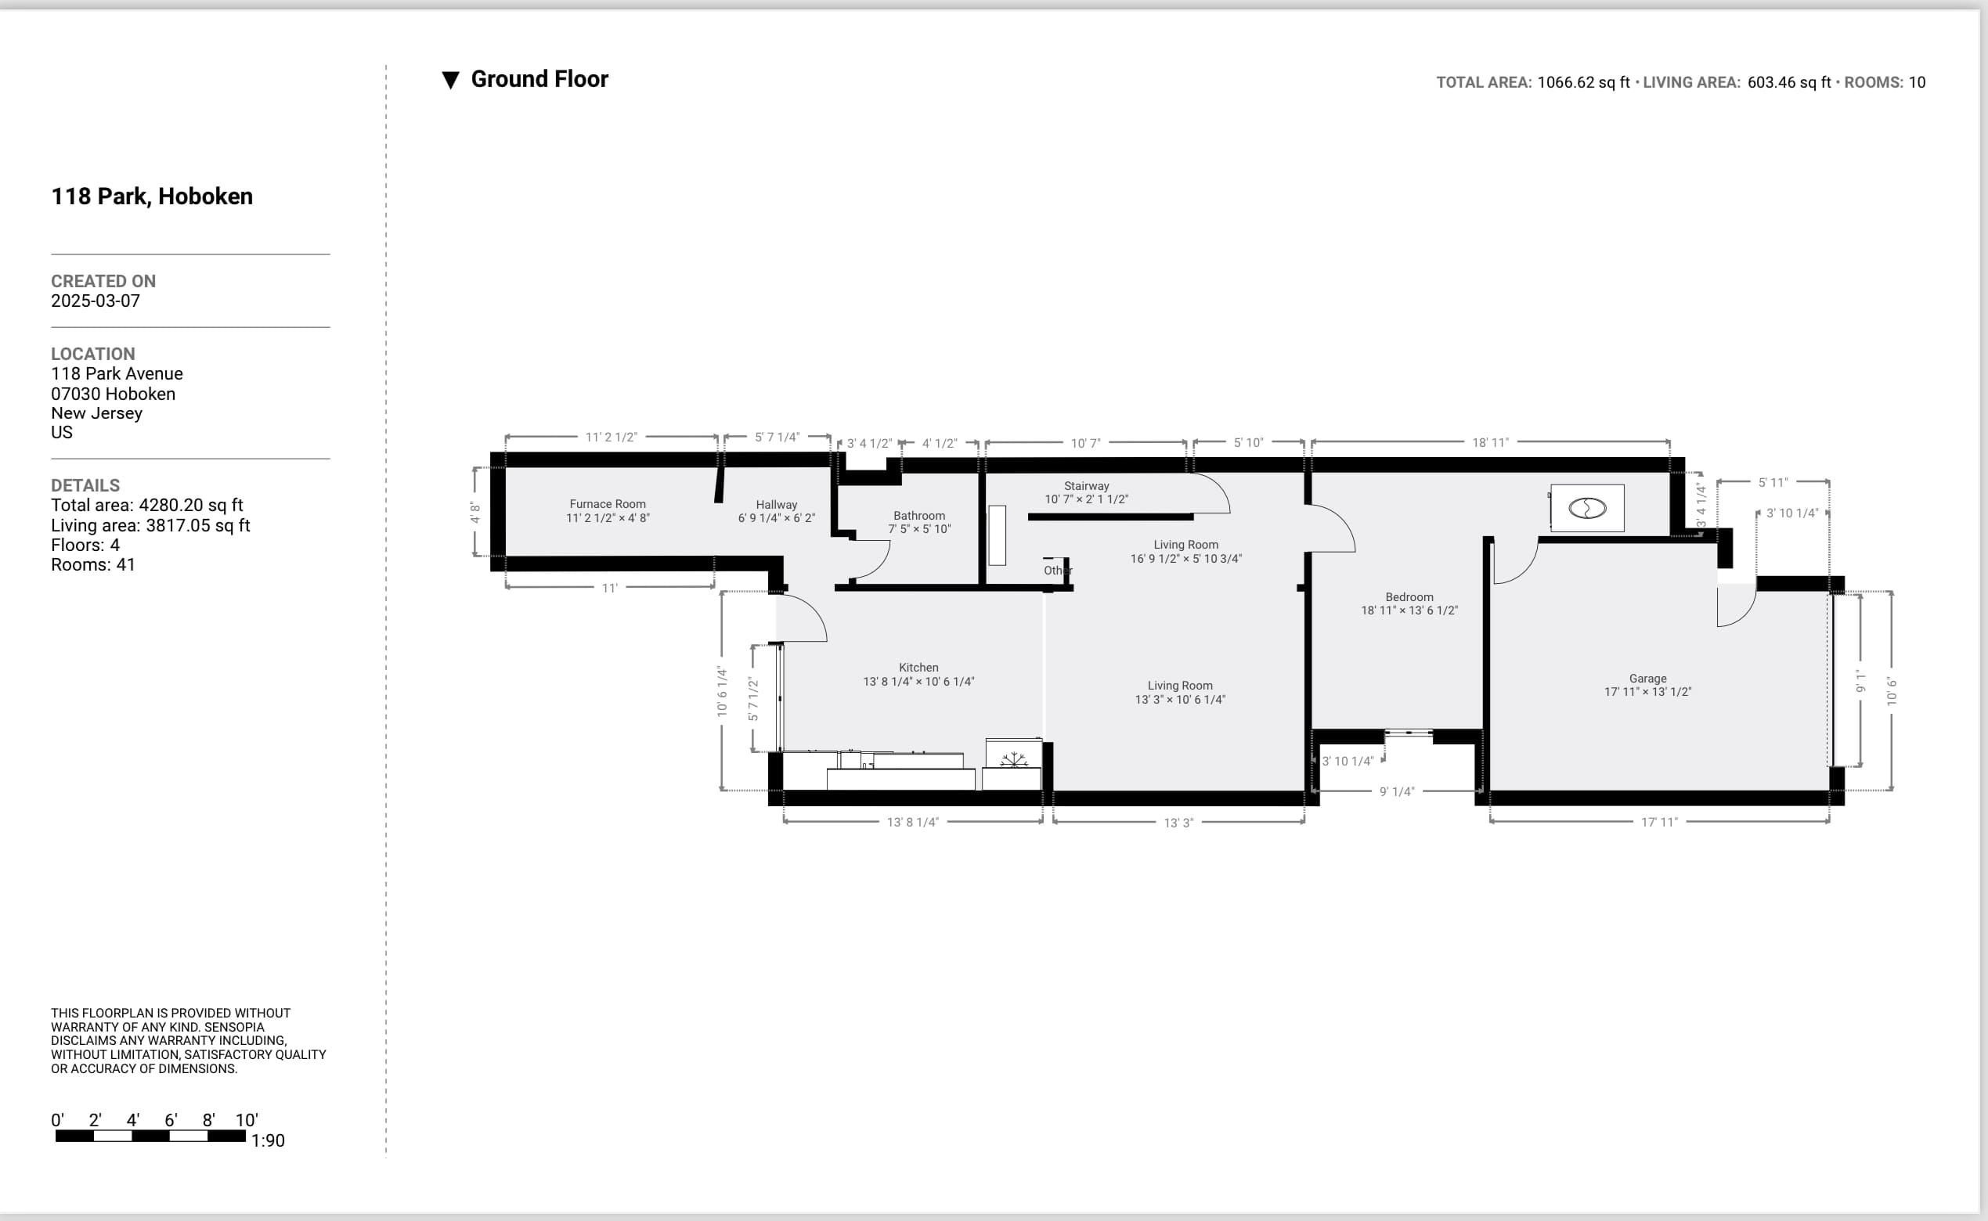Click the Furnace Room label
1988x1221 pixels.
click(608, 504)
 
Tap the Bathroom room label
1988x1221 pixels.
click(919, 516)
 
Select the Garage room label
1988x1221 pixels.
click(1648, 679)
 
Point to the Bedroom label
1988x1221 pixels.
click(1409, 597)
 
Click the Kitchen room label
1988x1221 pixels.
click(918, 668)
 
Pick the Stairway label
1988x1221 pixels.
click(1087, 486)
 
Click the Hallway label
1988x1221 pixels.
click(776, 505)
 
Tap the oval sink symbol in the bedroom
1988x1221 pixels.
click(1587, 508)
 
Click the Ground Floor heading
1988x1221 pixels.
click(539, 79)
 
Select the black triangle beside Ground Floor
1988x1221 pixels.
click(451, 80)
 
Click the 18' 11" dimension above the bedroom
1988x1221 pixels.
click(1490, 442)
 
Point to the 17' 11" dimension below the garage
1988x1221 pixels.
click(1659, 822)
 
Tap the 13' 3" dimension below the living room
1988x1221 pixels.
click(1178, 823)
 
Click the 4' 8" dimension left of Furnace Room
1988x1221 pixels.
click(475, 513)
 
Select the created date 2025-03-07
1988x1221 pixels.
click(96, 301)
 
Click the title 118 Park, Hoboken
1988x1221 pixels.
click(152, 196)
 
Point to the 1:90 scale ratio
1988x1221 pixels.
click(269, 1141)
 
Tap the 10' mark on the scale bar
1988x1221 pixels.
click(247, 1120)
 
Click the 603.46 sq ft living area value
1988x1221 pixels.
click(1789, 82)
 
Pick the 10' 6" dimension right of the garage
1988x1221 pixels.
click(1892, 691)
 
